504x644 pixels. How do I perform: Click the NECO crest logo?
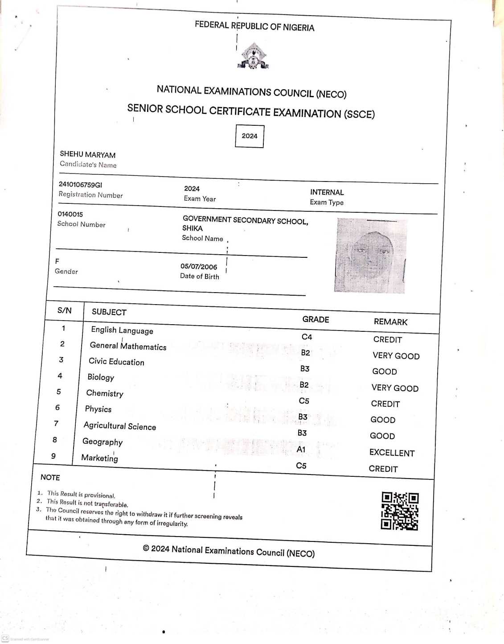click(x=253, y=56)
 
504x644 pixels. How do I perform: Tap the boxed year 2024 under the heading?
click(x=250, y=136)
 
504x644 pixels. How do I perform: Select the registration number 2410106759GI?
click(x=80, y=185)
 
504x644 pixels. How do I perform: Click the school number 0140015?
click(x=70, y=214)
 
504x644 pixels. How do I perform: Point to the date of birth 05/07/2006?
click(x=199, y=267)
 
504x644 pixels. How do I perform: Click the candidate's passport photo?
click(x=370, y=256)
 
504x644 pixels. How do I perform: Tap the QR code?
click(x=400, y=511)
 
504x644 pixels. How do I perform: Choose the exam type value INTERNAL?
click(x=327, y=192)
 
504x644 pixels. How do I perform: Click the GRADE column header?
click(x=316, y=319)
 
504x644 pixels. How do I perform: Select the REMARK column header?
click(x=390, y=322)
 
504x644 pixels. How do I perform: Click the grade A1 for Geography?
click(x=301, y=449)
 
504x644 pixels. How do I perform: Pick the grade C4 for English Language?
click(x=307, y=337)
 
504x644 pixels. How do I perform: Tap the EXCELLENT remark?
click(x=392, y=453)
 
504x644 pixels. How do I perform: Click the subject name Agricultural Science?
click(x=120, y=426)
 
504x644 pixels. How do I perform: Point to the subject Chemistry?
click(x=105, y=393)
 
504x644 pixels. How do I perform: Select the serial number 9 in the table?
click(x=53, y=456)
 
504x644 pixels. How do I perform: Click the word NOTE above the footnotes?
click(x=50, y=477)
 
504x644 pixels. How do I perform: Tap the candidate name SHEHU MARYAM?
click(x=88, y=155)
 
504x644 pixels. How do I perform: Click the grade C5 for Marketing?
click(x=301, y=466)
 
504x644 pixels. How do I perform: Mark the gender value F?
click(x=57, y=261)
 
